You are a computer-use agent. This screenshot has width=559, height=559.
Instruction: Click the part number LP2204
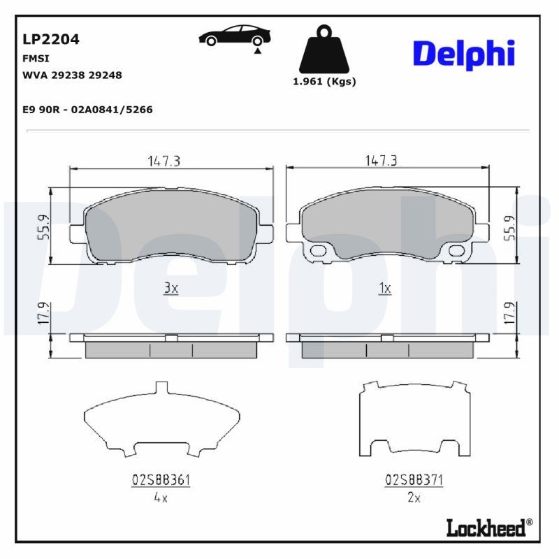pos(51,39)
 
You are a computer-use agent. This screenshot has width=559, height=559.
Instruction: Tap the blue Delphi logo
pos(464,54)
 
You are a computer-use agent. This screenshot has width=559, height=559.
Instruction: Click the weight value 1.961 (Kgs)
pos(324,81)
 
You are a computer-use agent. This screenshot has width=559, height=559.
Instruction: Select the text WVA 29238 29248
pos(73,75)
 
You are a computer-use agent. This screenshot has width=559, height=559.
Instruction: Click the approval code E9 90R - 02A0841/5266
pos(88,110)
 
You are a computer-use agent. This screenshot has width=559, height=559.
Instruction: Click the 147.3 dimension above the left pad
pos(164,161)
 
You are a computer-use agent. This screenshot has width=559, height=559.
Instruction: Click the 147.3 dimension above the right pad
pos(381,161)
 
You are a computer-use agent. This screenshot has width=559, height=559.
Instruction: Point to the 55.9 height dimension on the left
pos(43,227)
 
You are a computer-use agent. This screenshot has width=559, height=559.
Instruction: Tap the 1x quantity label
pos(384,288)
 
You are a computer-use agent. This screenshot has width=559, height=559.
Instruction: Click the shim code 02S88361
pos(161,480)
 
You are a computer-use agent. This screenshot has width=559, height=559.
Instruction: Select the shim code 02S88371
pos(414,480)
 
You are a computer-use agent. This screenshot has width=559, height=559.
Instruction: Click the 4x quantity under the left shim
pos(161,498)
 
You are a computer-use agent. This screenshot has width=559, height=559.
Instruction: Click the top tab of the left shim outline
pos(161,386)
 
